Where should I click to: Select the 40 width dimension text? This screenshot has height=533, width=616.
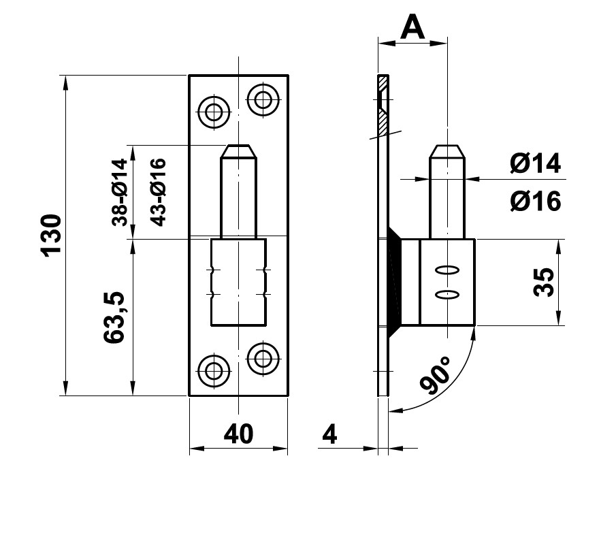point(238,434)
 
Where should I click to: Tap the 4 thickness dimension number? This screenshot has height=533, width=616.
point(329,434)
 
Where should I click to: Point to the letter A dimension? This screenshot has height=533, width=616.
point(412,27)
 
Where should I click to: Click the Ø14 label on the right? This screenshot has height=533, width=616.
point(534,163)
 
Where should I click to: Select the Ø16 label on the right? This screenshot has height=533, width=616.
point(534,201)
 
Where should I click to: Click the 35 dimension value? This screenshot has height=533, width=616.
point(543,282)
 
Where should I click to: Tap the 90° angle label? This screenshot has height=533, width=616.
point(437,376)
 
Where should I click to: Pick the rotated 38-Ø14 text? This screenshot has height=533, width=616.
point(120,192)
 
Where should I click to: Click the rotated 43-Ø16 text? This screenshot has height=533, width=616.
point(157,192)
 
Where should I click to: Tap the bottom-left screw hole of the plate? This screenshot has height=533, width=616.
point(214,371)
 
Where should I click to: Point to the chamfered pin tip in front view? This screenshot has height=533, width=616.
point(239,150)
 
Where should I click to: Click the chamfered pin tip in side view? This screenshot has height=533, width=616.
point(447,150)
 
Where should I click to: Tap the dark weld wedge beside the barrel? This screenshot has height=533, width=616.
point(393,282)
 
